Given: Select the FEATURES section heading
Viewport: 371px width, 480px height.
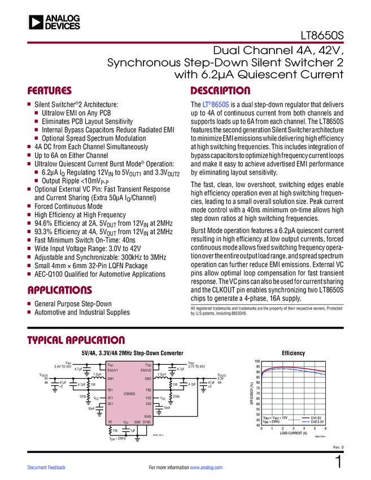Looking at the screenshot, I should pos(50,90).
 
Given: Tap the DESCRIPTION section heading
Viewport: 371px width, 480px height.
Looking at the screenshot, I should pos(220,90).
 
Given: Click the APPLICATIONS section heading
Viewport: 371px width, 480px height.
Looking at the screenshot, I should pos(59,290).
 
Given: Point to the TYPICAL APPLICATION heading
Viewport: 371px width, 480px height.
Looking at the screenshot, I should pos(68,341).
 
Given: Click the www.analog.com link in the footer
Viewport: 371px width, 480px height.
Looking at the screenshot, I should pos(207,468).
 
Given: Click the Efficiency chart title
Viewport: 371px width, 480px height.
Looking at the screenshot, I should pos(293,353).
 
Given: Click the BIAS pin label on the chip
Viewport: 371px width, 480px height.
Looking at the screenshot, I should pos(148,416).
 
